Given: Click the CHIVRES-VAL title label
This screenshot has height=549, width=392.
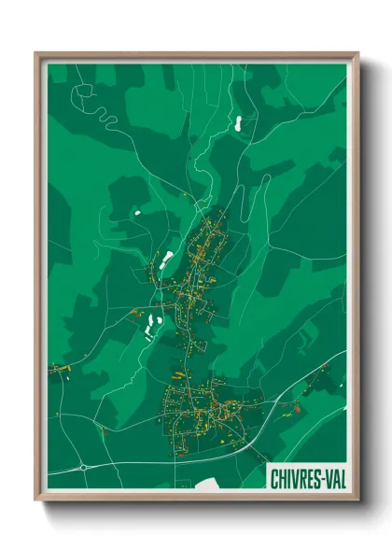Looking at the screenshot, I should point(305,479).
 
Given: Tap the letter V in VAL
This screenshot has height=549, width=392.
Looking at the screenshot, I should point(323,479).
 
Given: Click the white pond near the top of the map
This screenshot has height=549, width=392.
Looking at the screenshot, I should point(237,120).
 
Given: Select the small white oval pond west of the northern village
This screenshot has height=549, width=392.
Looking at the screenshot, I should point(137,213).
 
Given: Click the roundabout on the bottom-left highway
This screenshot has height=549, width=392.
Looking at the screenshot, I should point(83,466).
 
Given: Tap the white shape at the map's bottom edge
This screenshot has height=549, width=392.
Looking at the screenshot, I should point(210,482).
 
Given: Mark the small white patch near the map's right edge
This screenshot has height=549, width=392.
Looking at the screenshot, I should point(337,385).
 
